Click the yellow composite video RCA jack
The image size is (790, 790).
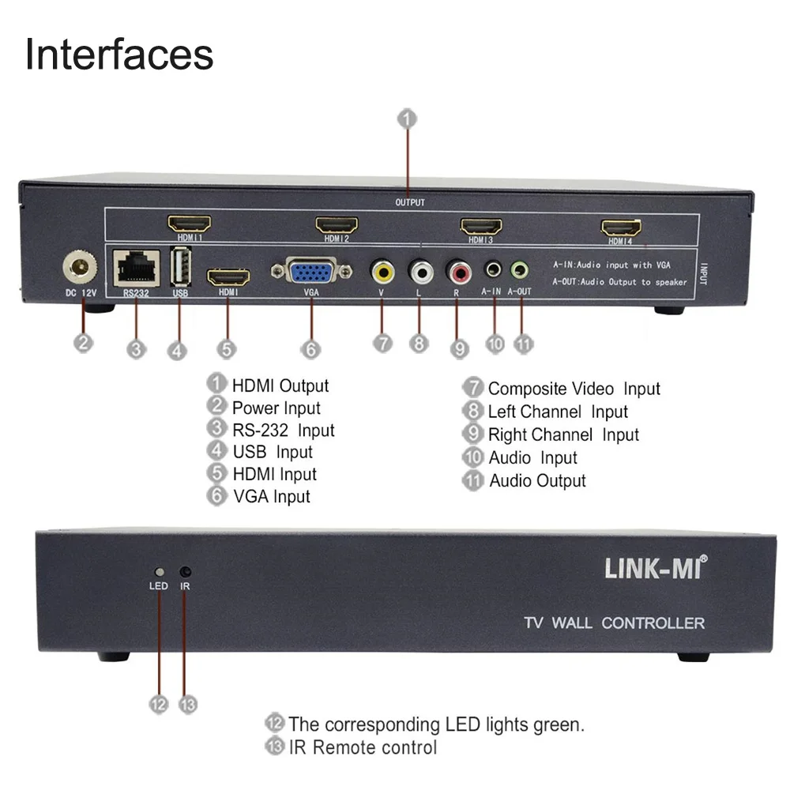coord(383,273)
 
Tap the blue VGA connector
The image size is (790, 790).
coord(312,273)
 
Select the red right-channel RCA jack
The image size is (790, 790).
coord(457,273)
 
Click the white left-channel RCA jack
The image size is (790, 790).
coord(420,273)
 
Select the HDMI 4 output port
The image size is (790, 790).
coord(622,228)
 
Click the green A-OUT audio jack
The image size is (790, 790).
coord(519,270)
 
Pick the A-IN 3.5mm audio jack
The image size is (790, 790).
coord(495,270)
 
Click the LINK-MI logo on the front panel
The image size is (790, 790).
coord(656,568)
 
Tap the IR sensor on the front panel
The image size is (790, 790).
coord(186,571)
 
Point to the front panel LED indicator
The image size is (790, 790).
coord(159,571)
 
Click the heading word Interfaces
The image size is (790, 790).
coord(119,55)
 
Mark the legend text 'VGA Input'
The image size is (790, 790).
coord(271,496)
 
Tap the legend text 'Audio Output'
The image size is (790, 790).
coord(537,480)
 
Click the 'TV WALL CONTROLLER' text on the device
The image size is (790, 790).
coord(614,623)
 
